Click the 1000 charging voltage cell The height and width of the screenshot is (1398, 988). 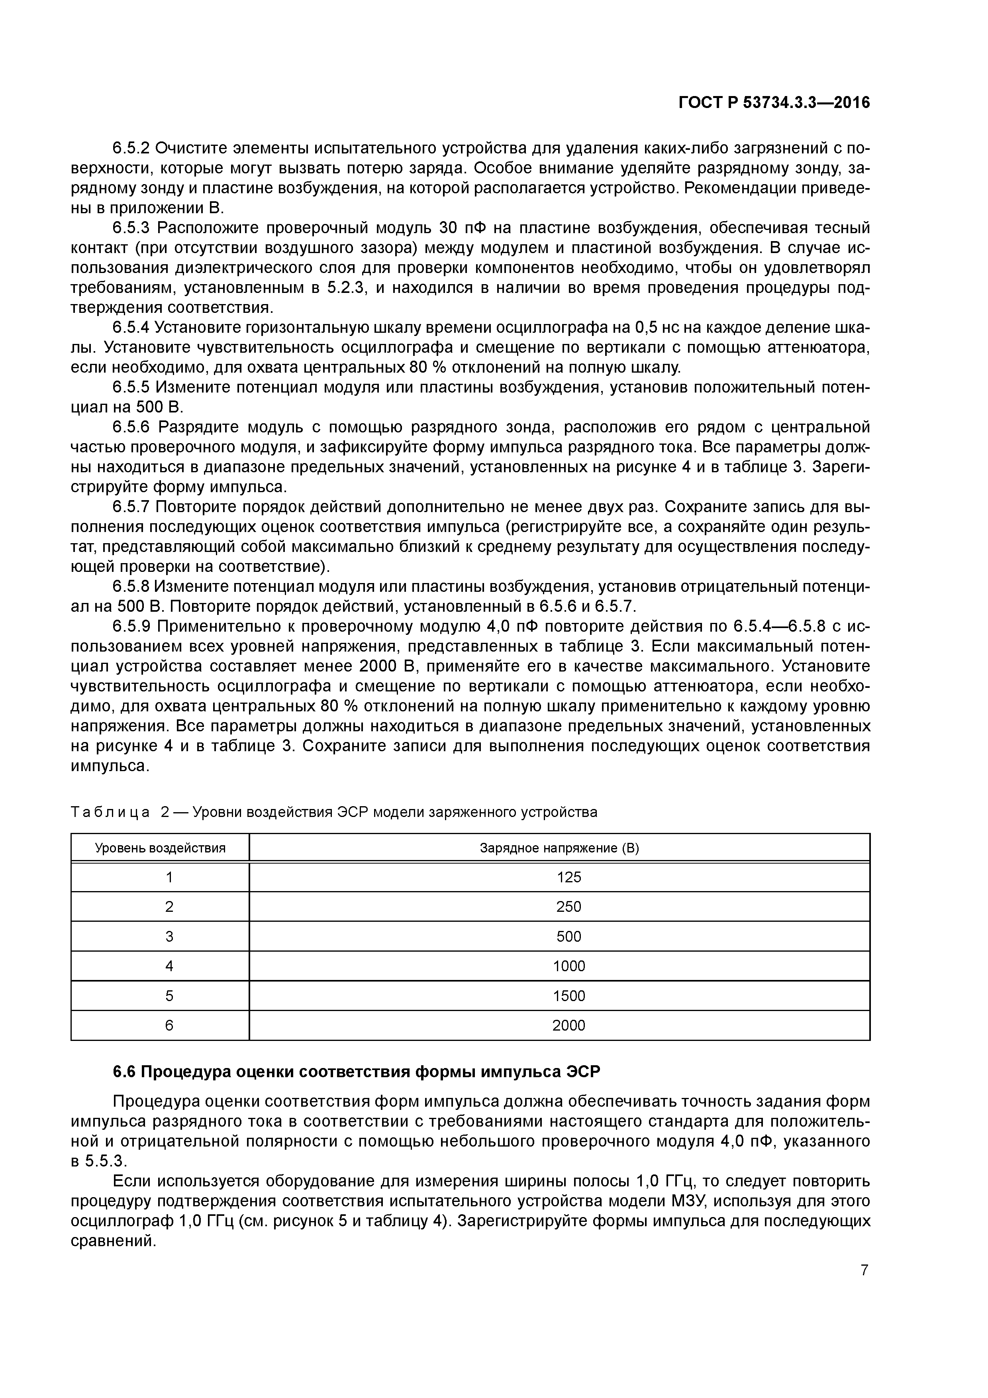click(568, 966)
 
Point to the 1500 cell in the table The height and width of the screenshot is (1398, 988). click(568, 996)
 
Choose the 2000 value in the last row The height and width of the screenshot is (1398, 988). click(568, 1026)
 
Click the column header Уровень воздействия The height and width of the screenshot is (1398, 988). click(160, 848)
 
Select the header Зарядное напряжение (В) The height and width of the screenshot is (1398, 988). click(559, 848)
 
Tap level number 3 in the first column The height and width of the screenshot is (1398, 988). click(169, 937)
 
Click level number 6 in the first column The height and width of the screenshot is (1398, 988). click(169, 1026)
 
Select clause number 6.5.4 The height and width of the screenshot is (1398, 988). click(131, 328)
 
